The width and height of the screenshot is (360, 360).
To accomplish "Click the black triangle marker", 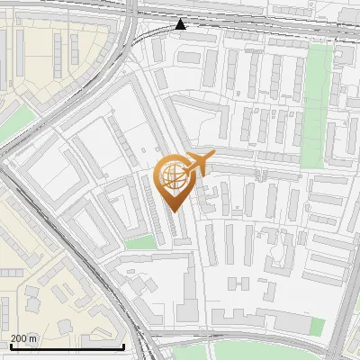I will pos(182,24).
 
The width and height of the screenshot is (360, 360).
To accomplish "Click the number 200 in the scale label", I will pos(19,338).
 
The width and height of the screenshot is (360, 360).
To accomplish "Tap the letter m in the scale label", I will pos(34,338).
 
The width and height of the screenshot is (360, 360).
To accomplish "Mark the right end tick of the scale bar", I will pos(123,346).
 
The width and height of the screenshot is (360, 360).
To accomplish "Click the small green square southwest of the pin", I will pos(139,242).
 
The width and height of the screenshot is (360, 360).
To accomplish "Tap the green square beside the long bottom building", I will pos(317,326).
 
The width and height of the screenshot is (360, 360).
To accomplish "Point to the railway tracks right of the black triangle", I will pos(270,31).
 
